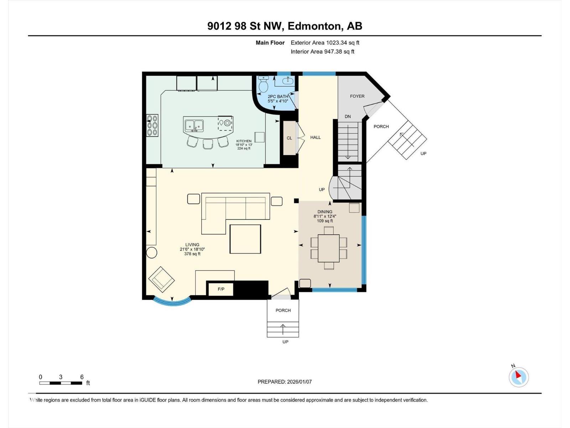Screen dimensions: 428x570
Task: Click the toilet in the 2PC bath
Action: click(x=263, y=85)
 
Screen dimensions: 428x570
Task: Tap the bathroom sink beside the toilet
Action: click(x=287, y=81)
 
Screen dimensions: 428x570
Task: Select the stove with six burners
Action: click(x=152, y=125)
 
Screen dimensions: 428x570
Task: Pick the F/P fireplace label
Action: click(x=221, y=289)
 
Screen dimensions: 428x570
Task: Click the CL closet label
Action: click(x=289, y=138)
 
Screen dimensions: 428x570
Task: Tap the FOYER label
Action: click(x=357, y=96)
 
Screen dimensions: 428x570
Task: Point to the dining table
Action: click(x=328, y=248)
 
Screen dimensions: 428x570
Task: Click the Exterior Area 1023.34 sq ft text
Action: click(x=325, y=43)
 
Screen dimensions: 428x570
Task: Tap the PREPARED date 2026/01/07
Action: click(x=285, y=382)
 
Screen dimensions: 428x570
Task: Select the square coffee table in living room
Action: click(x=245, y=239)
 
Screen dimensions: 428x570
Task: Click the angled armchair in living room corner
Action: click(x=161, y=279)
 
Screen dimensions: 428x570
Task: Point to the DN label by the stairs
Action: click(x=348, y=117)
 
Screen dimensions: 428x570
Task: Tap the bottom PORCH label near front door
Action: click(x=283, y=310)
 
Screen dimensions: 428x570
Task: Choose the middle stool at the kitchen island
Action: click(x=208, y=144)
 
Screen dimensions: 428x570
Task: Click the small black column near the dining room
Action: click(x=296, y=201)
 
